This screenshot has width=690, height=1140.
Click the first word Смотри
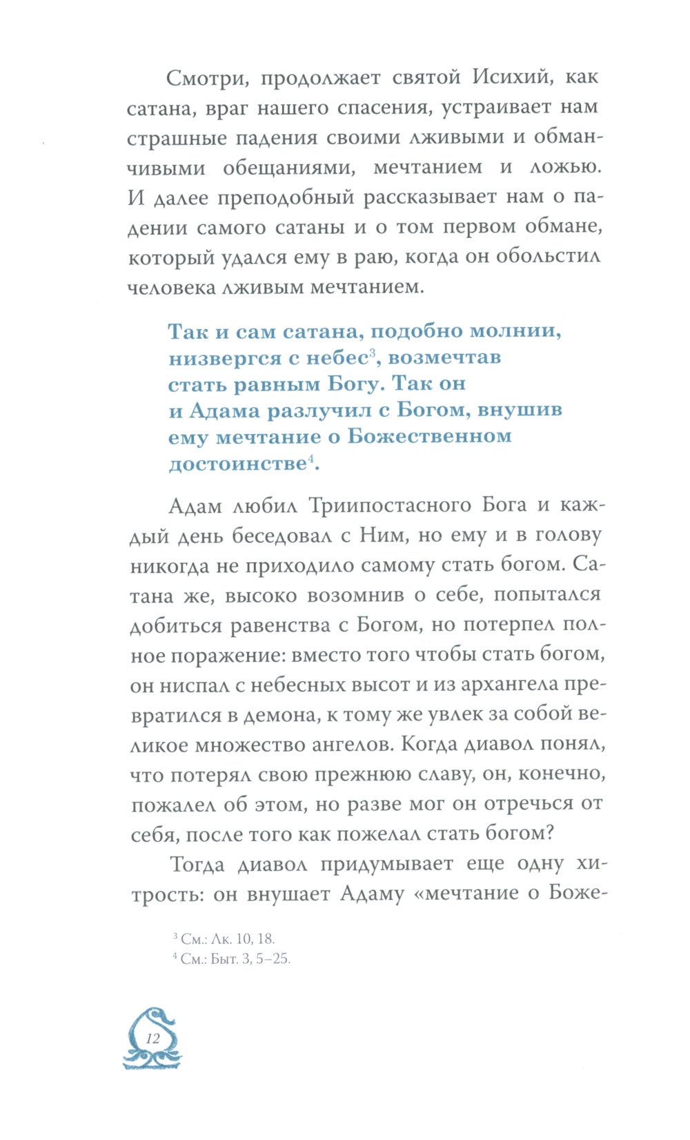[206, 77]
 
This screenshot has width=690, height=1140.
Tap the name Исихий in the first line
[511, 77]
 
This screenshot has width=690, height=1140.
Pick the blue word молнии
[516, 331]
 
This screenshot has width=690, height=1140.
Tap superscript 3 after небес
[371, 353]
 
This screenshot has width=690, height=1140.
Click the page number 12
[152, 1039]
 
